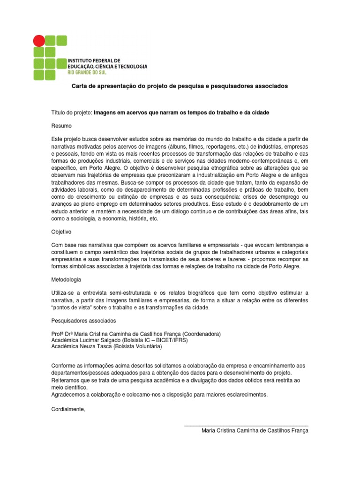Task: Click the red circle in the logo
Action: [x=39, y=40]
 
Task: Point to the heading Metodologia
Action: [x=66, y=280]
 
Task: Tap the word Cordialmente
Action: [x=68, y=409]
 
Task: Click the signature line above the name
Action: [x=246, y=425]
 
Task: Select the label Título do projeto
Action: [x=72, y=113]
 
